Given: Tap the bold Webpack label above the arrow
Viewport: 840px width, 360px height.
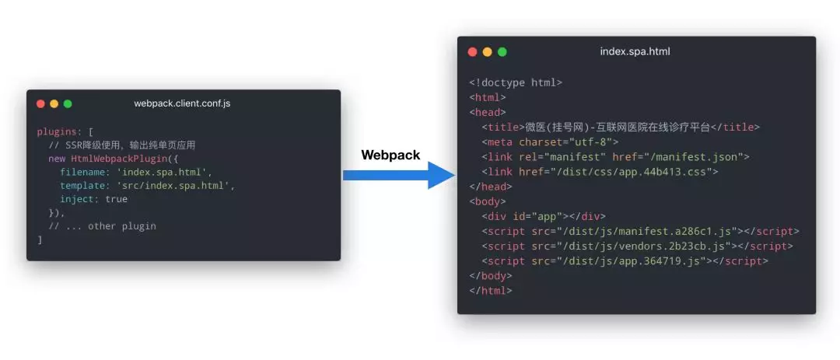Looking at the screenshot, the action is tap(390, 155).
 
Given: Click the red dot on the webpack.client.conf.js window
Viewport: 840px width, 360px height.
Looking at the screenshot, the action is tap(40, 103).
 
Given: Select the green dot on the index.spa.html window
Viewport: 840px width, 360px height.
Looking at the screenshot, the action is tap(502, 52).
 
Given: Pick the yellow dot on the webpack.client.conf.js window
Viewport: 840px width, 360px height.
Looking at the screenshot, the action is tap(54, 103).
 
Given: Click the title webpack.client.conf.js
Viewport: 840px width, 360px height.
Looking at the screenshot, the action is tap(182, 103).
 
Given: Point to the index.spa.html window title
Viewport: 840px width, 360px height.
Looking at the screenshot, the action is tap(635, 52).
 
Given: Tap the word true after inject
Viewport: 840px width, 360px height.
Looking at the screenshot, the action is tap(117, 199).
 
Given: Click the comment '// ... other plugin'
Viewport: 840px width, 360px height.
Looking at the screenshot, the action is tap(102, 226).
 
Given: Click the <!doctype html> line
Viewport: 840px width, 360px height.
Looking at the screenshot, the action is tap(515, 82).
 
